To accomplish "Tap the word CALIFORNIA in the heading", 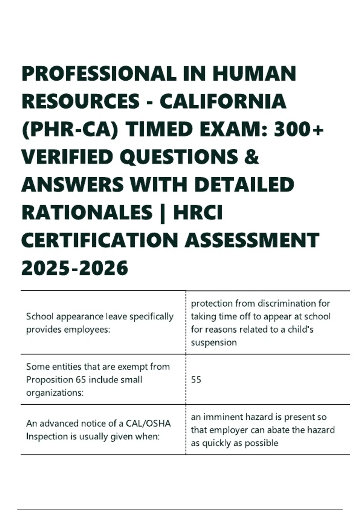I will pos(223,101).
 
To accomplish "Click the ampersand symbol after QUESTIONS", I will pos(252,157).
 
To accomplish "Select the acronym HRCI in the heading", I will pos(198,212).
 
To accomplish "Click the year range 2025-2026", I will pos(75,268).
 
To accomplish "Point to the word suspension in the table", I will pos(214,342).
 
